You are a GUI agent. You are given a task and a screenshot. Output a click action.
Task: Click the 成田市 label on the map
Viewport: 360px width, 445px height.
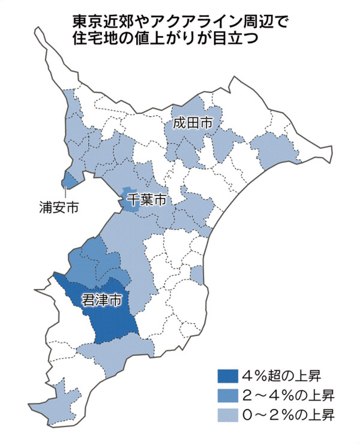(x=192, y=124)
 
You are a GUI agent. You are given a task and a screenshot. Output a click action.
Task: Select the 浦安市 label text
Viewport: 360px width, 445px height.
(x=58, y=208)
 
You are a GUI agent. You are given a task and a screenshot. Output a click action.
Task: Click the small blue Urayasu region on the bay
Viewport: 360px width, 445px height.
(x=70, y=179)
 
